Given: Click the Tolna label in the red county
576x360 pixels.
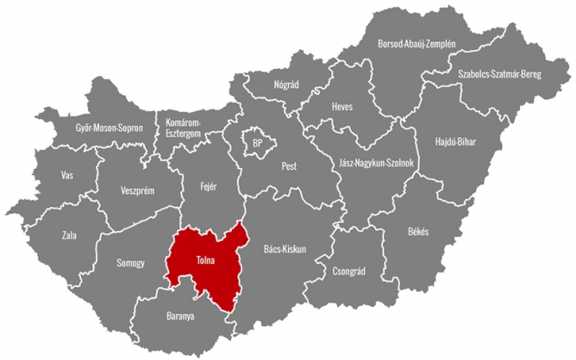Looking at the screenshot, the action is click(x=205, y=260).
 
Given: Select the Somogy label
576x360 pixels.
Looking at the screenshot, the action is click(x=131, y=263).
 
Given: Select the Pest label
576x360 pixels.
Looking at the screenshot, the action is click(x=289, y=166).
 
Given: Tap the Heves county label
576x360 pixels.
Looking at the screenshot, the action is click(x=342, y=107).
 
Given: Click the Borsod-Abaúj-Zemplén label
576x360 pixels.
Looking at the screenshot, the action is click(x=416, y=45).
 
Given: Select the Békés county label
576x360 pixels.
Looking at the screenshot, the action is click(x=419, y=232).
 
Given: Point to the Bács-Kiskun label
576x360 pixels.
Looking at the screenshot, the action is click(x=285, y=249).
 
